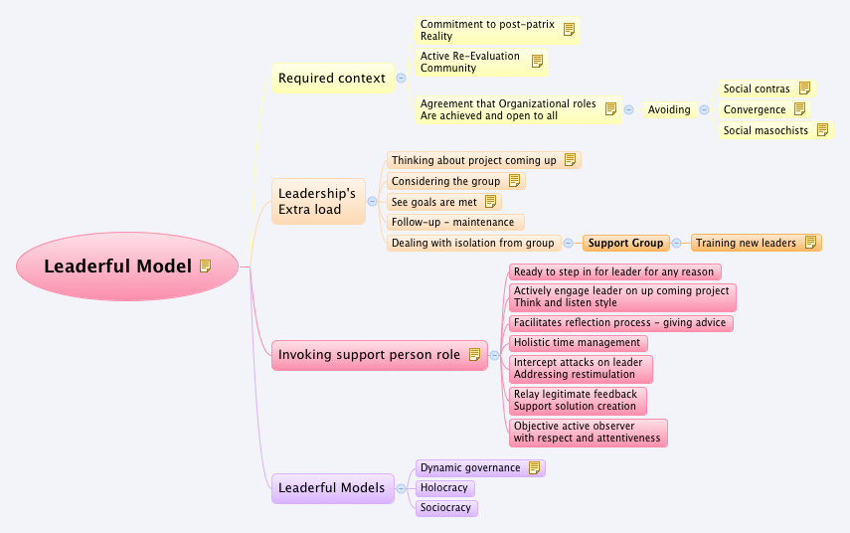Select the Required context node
(x=331, y=79)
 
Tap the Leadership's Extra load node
(x=318, y=201)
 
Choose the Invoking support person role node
(x=369, y=355)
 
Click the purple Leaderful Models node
(x=331, y=487)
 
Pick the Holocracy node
(x=444, y=488)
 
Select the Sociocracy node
(x=446, y=508)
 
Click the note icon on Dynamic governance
(x=535, y=467)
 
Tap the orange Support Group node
(x=625, y=243)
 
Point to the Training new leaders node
(x=746, y=243)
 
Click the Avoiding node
(x=669, y=109)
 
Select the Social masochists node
(x=765, y=130)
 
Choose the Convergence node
(x=755, y=109)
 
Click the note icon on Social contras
(x=804, y=89)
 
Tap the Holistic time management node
(x=577, y=343)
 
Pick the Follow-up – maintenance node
(x=453, y=222)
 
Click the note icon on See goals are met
(x=491, y=202)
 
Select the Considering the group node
(x=446, y=181)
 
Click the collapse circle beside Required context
(x=401, y=78)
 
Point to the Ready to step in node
(x=614, y=271)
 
